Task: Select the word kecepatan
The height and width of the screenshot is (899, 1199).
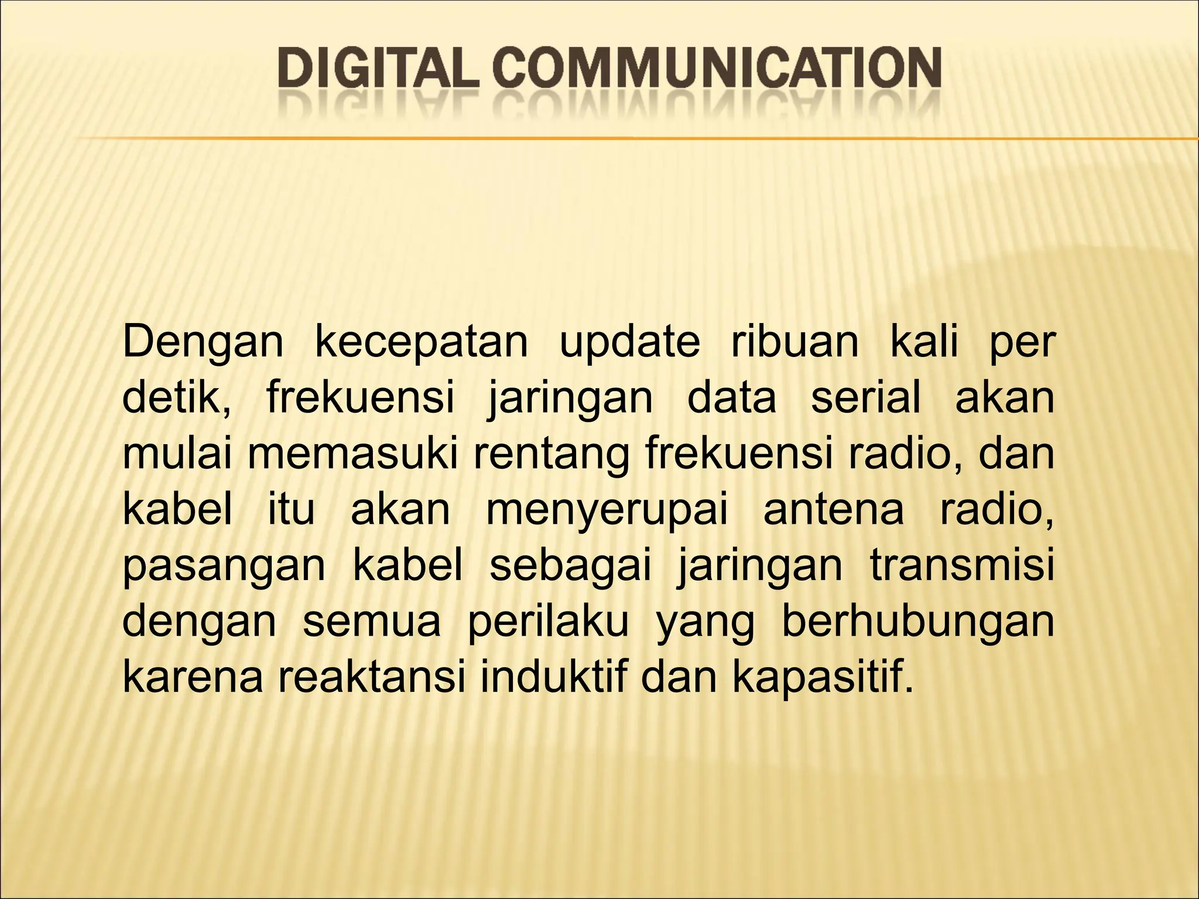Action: pos(421,343)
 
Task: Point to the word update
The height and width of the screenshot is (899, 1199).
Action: pos(630,343)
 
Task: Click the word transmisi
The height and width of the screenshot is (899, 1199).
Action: pos(962,567)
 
